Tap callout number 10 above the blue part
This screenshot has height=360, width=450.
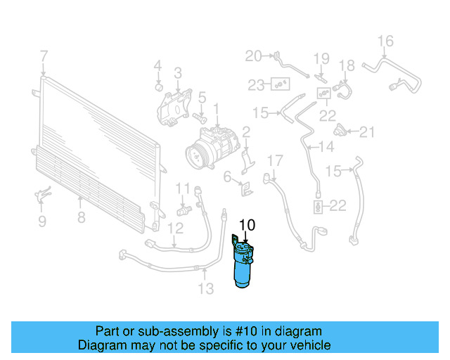(x=247, y=226)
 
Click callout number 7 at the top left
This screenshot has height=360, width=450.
(x=44, y=56)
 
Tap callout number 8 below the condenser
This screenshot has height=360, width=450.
(x=82, y=217)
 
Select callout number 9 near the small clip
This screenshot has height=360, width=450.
(x=41, y=221)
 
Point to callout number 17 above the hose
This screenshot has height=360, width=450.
(x=274, y=160)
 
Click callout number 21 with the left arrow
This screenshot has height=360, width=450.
(x=368, y=131)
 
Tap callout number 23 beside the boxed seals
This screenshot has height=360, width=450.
(x=255, y=85)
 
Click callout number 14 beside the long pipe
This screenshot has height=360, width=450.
(x=326, y=147)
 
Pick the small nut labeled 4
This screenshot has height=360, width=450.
(x=159, y=87)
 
